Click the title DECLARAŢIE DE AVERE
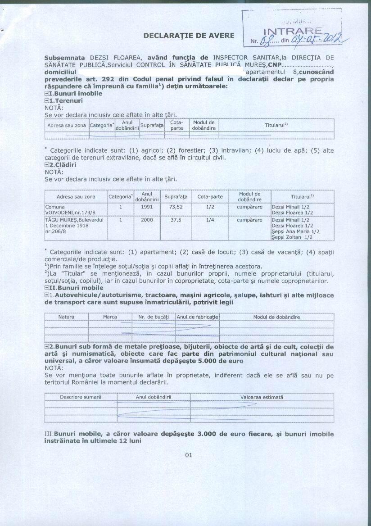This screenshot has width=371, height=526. tap(189, 35)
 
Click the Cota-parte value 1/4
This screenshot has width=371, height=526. tap(210, 220)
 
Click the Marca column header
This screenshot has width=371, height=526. tap(110, 317)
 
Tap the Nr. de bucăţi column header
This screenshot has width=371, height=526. tap(153, 317)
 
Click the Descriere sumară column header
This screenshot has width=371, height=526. tap(81, 397)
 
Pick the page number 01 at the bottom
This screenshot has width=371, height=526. tap(189, 455)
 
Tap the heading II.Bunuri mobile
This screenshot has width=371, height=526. tap(76, 287)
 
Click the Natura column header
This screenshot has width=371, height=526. tap(67, 317)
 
